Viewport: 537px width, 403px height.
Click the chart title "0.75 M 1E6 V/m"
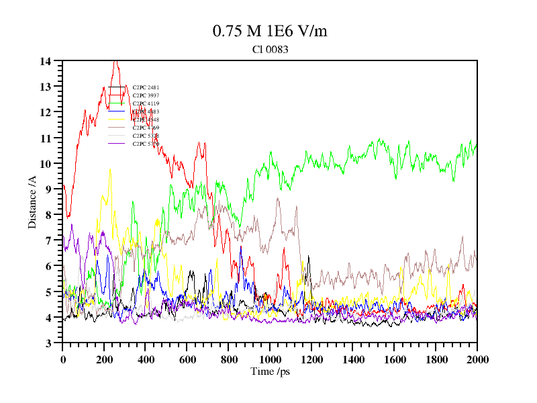click(270, 32)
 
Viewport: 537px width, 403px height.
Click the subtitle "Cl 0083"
click(270, 49)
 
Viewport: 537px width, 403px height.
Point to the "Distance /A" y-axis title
click(32, 201)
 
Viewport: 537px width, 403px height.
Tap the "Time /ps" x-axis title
click(270, 371)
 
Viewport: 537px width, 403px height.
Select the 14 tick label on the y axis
click(45, 61)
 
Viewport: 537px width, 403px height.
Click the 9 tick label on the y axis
click(48, 189)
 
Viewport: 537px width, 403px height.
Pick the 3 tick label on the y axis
click(48, 343)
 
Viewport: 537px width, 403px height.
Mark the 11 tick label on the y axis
click(45, 138)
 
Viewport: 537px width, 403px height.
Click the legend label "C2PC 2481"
click(146, 87)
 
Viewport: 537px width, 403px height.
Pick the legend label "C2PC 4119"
click(146, 103)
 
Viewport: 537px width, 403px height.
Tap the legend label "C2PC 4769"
click(146, 128)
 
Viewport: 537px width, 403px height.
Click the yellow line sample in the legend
click(117, 136)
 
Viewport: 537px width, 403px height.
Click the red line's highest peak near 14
click(115, 61)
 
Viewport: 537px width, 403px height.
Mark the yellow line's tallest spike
click(110, 169)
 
